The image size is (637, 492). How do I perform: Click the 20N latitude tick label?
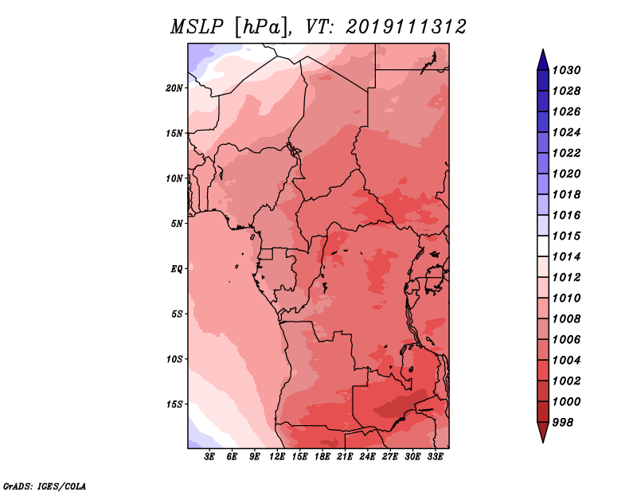coord(174,88)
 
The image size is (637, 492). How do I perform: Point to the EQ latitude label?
coord(176,269)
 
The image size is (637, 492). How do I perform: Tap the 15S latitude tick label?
coord(174,404)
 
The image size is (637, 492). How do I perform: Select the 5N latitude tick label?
coord(177,224)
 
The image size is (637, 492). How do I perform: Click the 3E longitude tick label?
coord(209,457)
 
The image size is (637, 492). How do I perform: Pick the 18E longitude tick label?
coord(322,457)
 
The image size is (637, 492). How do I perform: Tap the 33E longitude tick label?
coord(435,457)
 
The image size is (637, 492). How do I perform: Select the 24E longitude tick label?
coord(367,457)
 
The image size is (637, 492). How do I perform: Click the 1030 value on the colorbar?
coord(566,70)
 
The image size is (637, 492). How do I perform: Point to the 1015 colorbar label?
coord(566,236)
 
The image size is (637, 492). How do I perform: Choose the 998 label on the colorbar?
coord(563,423)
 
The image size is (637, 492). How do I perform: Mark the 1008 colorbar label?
coord(566,319)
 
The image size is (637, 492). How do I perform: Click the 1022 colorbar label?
coord(566,153)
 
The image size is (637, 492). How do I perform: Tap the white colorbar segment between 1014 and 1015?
coord(543,246)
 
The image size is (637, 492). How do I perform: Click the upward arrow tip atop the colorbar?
coord(543,49)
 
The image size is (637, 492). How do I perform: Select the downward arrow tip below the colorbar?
coord(543,443)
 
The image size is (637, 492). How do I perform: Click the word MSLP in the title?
coord(197,27)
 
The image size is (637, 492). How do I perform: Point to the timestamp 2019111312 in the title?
coord(405,27)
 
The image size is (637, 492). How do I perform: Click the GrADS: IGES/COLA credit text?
coord(45,486)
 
